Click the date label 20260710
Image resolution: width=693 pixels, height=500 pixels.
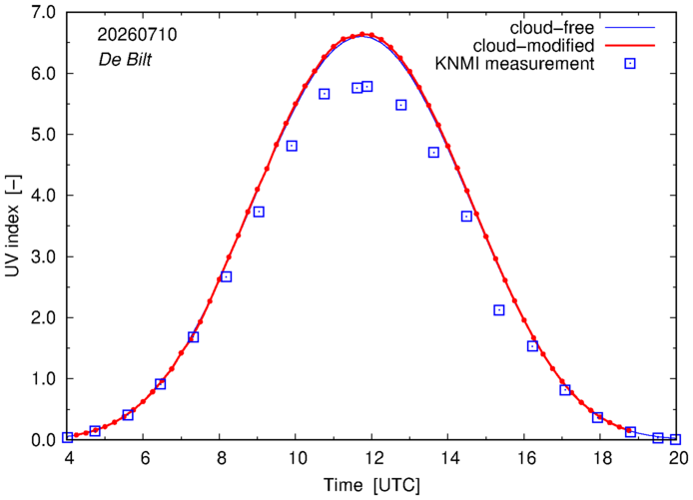(137, 35)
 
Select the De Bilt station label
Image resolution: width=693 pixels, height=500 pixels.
(125, 59)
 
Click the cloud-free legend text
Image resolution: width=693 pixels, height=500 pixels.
(552, 28)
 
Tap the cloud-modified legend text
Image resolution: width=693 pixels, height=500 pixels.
(533, 46)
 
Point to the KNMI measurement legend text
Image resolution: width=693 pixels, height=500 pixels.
(514, 64)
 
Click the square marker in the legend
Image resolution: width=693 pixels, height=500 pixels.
(630, 64)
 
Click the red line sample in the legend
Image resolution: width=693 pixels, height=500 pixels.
(630, 46)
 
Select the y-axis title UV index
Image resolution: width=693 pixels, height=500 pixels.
(13, 226)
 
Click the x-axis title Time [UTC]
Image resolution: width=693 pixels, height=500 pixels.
(371, 485)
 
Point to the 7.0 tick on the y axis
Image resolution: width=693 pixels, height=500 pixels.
(43, 12)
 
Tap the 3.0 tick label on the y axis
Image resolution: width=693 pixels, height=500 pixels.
(43, 256)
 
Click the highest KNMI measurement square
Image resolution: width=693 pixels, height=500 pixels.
(366, 86)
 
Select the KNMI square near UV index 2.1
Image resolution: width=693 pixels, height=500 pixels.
(499, 310)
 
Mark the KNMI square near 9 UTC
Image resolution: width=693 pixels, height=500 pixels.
(259, 212)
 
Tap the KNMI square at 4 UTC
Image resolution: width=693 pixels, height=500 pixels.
(67, 437)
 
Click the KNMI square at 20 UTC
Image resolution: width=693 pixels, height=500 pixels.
(675, 439)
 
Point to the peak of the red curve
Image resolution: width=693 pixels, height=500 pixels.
(361, 34)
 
